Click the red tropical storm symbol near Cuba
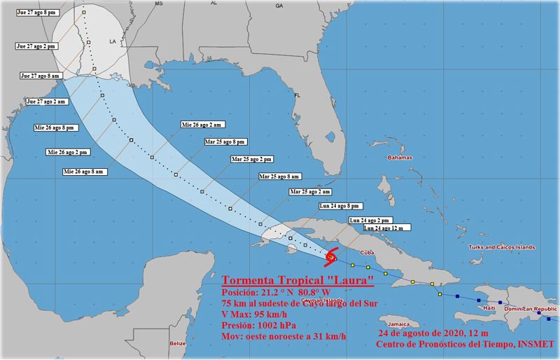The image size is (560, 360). pos(332,257)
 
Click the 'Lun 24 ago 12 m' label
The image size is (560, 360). pos(387,228)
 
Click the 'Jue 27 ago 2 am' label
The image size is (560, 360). pos(47,102)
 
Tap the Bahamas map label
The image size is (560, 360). pos(400,158)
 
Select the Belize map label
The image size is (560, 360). pos(178,343)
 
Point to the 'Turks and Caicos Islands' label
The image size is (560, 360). pos(501,247)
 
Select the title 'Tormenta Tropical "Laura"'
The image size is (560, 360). pos(297,279)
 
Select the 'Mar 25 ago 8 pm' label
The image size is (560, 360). pos(225,141)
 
